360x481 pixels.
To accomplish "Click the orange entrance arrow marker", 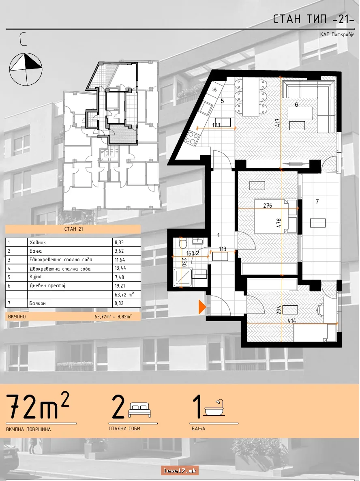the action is click(x=202, y=307).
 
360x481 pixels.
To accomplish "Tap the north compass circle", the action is click(x=26, y=69).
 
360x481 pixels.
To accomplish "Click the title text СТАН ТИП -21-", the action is click(x=314, y=19).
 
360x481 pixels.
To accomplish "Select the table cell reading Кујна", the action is click(x=70, y=277).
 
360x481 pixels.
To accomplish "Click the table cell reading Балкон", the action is click(x=70, y=303).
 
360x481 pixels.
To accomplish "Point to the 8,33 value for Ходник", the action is click(x=119, y=243).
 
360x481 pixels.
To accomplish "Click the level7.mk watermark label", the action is click(x=180, y=470).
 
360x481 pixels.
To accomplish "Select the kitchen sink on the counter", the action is click(x=206, y=108).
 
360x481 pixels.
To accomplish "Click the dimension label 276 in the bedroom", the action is click(x=268, y=206).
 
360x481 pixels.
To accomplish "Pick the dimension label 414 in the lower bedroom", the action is click(x=291, y=320).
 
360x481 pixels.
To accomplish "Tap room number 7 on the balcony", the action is click(x=317, y=202).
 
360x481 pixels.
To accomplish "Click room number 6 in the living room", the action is click(x=296, y=105).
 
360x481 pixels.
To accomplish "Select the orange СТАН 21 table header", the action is click(x=73, y=229).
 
